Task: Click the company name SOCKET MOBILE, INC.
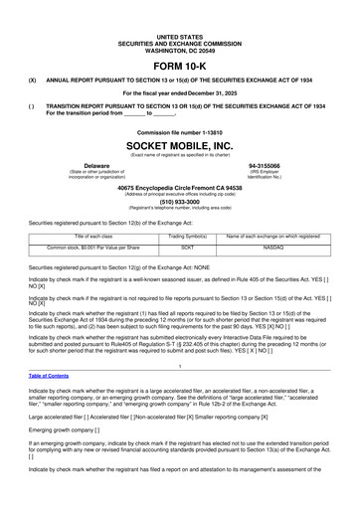(179, 145)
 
